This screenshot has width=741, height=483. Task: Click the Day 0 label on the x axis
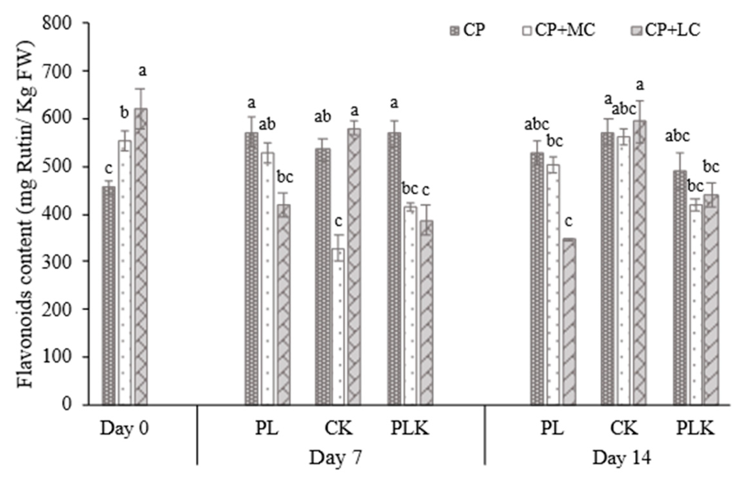(x=124, y=429)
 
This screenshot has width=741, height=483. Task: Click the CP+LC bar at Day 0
(x=141, y=257)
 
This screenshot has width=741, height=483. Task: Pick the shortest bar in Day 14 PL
(x=569, y=322)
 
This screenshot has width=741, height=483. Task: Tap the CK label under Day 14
(x=624, y=429)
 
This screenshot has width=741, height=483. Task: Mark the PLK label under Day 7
(x=410, y=429)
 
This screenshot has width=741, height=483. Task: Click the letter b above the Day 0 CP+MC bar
(x=125, y=113)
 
